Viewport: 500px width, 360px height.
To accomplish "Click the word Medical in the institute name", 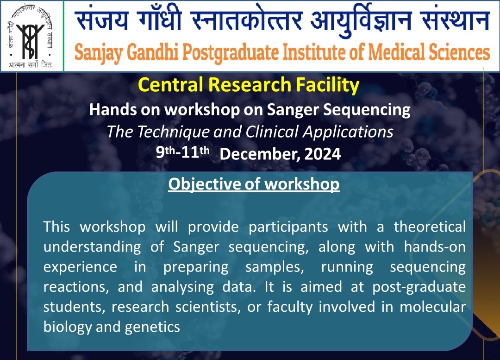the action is tap(396, 52).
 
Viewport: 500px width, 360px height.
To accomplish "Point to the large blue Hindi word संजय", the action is tap(102, 20).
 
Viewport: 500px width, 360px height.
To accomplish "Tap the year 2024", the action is tap(323, 154).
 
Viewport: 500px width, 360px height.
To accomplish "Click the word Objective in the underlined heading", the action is tap(204, 184).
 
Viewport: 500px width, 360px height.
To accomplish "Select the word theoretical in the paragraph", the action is tap(430, 227).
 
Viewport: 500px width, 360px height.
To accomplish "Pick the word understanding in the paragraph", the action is tap(92, 247).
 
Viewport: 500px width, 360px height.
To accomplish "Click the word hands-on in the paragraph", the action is tap(435, 246).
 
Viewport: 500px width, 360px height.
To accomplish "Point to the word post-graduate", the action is tap(419, 287).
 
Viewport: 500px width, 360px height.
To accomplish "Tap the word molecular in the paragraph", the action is tap(433, 307).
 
